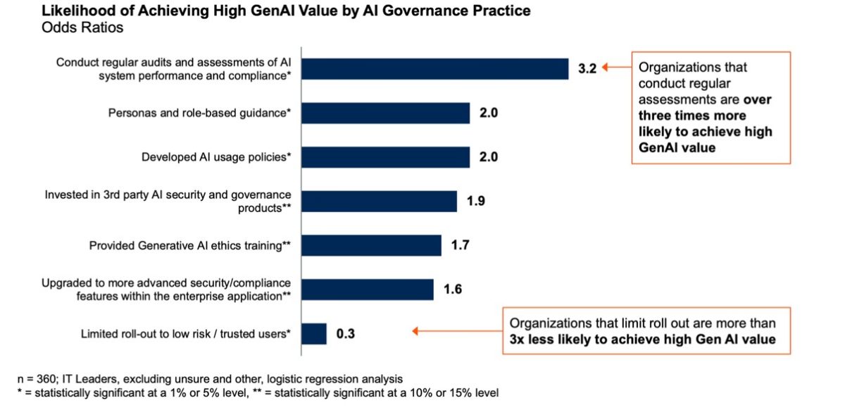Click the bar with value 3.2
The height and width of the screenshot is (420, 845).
(x=435, y=69)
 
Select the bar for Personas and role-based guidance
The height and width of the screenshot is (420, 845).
(x=386, y=113)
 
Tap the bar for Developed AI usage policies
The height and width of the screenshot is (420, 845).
(x=386, y=157)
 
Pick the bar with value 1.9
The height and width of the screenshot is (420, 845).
(x=380, y=201)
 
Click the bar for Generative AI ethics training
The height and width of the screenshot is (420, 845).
(x=372, y=245)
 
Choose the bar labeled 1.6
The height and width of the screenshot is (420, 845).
(x=368, y=290)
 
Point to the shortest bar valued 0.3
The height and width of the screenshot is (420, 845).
(x=314, y=333)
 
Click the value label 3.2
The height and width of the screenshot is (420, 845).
(x=588, y=69)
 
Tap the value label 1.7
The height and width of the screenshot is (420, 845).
(x=460, y=245)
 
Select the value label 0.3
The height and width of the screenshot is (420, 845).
(x=345, y=334)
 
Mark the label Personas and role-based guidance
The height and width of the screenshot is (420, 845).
(x=199, y=113)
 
